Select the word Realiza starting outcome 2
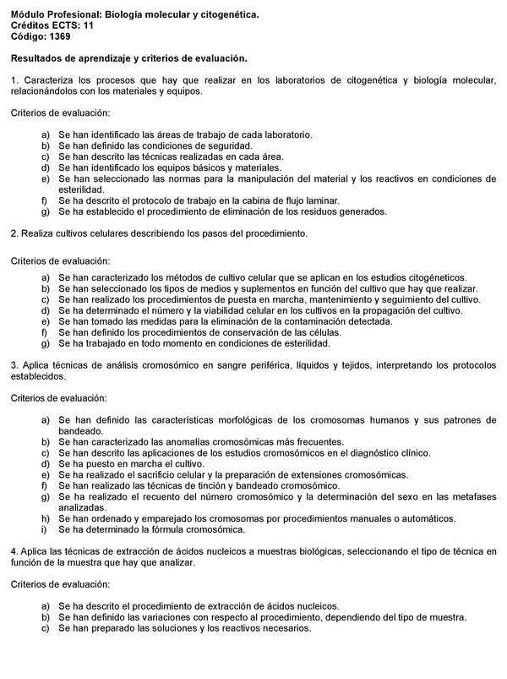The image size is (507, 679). (x=37, y=233)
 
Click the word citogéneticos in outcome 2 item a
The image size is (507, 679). (x=435, y=277)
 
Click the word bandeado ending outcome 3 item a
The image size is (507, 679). (x=80, y=430)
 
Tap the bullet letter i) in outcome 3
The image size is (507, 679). (x=45, y=529)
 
